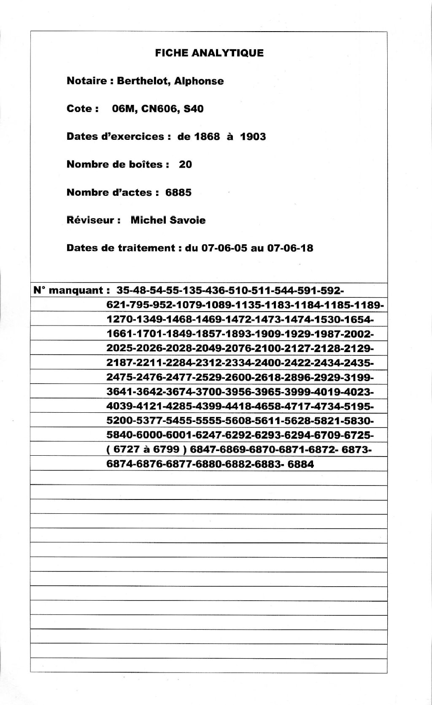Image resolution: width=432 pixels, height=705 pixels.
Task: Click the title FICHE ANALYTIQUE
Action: coord(209,53)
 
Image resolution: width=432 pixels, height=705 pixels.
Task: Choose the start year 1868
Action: coord(207,136)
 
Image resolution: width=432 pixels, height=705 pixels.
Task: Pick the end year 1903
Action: coord(253,136)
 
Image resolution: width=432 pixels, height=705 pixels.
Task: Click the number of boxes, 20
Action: coord(185,164)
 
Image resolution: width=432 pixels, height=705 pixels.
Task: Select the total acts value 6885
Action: coord(178,192)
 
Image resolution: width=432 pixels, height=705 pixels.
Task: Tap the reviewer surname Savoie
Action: coord(188,220)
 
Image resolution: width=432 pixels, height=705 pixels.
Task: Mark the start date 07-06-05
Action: coord(224,248)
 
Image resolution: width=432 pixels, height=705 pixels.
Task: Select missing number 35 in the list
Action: coord(123,290)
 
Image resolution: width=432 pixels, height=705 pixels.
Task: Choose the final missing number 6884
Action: coord(301,464)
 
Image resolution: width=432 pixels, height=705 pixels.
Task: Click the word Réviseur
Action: coord(90,220)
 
